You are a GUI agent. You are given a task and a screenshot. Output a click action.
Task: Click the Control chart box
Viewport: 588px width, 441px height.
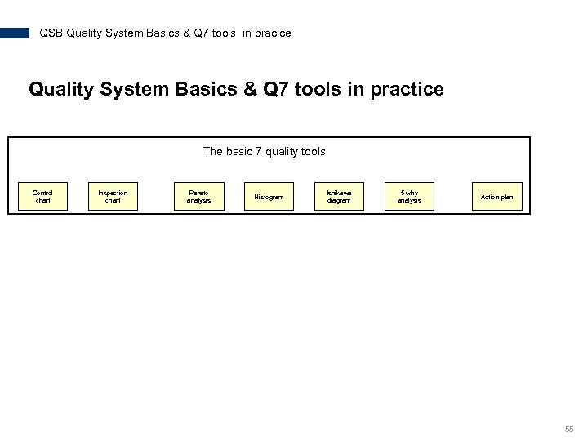42,196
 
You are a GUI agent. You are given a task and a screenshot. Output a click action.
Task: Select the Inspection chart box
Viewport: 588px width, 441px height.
113,196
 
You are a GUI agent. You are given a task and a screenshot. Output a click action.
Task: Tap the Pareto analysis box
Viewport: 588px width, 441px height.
198,196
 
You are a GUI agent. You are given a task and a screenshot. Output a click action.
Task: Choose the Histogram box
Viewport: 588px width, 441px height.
269,197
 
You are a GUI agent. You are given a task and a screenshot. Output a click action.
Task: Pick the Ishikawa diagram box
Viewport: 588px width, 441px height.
339,196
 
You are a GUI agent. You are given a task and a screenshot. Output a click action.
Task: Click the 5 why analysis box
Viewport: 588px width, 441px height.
409,196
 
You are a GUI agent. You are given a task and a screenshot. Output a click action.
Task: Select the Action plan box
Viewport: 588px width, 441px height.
497,197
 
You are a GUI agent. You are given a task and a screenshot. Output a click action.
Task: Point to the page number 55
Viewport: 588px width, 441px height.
568,429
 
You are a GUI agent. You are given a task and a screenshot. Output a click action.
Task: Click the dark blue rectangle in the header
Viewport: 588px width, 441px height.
15,33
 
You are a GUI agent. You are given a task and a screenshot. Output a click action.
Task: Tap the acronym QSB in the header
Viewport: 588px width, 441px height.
51,33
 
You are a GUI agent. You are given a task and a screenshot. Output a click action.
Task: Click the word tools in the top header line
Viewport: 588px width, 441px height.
223,33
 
